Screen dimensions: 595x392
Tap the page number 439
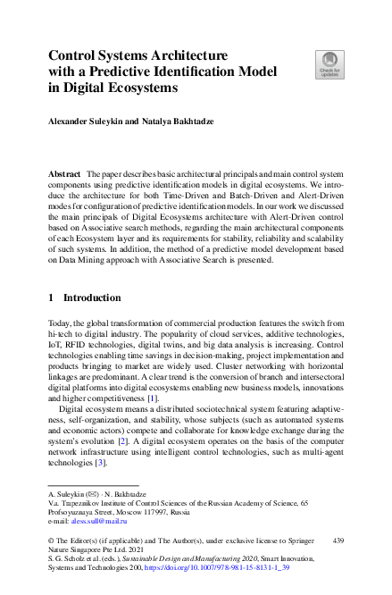(x=337, y=541)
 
